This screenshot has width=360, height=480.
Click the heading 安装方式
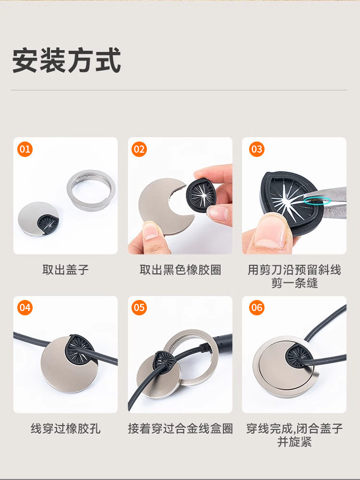coord(66,60)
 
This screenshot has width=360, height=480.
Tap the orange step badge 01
coord(25,149)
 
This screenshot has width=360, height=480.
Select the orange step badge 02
coord(139,149)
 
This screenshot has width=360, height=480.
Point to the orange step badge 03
coord(256,149)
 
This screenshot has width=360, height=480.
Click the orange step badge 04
coord(25,307)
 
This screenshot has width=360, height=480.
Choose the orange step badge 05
coord(139,307)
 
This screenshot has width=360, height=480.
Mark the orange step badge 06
coord(256,307)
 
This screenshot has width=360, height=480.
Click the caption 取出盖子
coord(65,270)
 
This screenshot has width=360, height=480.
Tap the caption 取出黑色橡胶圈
coord(180,270)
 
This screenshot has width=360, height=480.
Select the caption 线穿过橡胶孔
coord(65,429)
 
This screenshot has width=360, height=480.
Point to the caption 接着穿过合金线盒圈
coord(180,429)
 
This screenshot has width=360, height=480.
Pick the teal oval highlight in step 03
coord(317,201)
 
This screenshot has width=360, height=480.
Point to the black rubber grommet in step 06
coord(298,355)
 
